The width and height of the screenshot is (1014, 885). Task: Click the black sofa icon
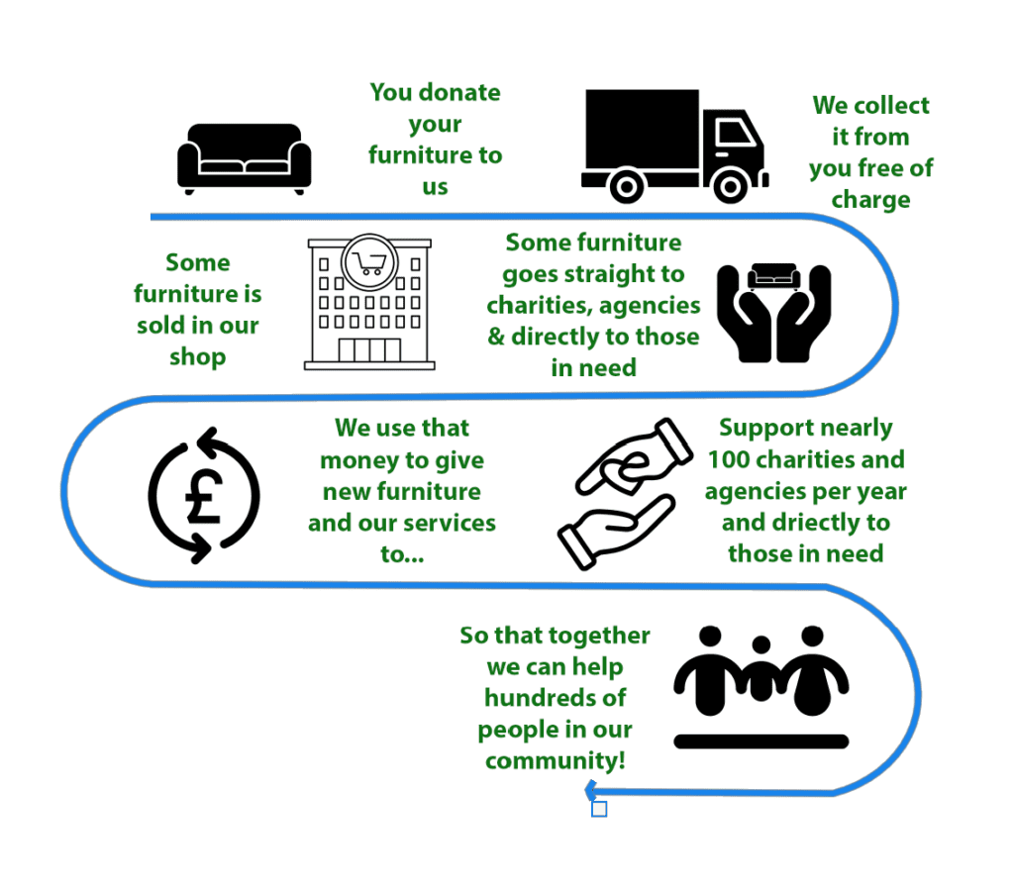coord(244,156)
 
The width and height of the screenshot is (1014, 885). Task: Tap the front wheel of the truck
coord(732,185)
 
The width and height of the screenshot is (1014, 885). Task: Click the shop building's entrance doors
coord(369,350)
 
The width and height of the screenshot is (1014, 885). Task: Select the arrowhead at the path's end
coord(590,789)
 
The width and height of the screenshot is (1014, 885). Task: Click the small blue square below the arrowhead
coord(599,809)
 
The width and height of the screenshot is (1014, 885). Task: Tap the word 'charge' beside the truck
coord(870,200)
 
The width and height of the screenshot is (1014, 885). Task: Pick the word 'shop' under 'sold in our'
coord(197,356)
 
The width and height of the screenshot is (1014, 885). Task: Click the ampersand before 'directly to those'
coord(496,337)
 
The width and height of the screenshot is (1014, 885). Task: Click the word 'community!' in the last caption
coord(555,761)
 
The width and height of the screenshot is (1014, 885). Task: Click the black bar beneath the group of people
coord(760,740)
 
